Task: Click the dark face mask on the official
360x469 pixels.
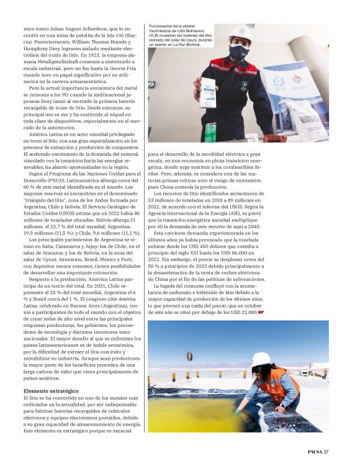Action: [x=239, y=53]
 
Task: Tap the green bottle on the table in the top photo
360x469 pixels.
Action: [x=210, y=132]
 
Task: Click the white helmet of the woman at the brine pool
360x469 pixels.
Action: [x=261, y=359]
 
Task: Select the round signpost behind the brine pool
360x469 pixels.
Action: [x=189, y=356]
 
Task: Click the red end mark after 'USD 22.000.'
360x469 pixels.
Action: [x=261, y=312]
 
